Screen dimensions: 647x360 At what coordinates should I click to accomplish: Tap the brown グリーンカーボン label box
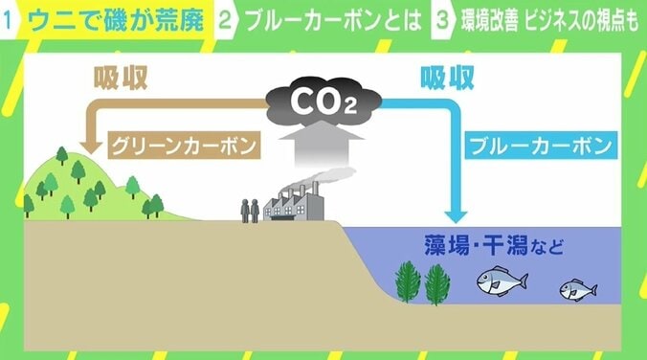[184, 146]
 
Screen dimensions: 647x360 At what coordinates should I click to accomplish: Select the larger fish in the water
[503, 280]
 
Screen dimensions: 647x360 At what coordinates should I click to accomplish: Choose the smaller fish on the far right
[578, 288]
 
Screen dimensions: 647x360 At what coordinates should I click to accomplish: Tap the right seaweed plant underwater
[437, 281]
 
